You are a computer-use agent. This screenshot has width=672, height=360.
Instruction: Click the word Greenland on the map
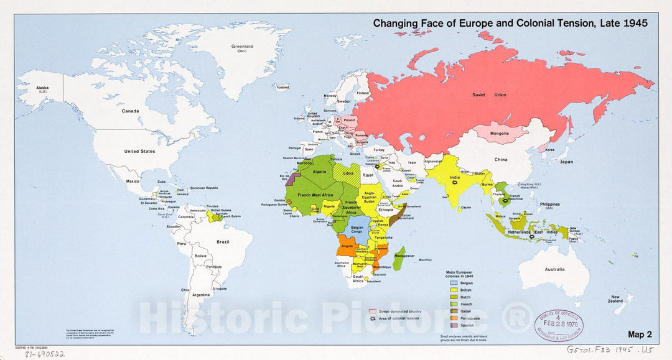pos(243,46)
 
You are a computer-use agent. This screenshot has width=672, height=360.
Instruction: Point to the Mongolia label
pos(501,133)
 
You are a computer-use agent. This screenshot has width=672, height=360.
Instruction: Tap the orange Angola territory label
pos(347,246)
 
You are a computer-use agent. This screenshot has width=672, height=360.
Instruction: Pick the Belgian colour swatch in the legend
pos(454,282)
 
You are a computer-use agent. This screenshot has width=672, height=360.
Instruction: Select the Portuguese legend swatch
pos(454,317)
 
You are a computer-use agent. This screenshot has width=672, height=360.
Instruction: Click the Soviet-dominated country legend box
pos(373,311)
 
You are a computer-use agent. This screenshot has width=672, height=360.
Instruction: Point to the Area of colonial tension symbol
pos(373,318)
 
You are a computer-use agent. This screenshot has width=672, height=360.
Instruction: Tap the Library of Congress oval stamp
pos(559,323)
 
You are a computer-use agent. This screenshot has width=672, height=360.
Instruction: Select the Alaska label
pos(42,88)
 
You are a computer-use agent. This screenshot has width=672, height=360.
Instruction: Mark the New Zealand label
pos(616,299)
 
